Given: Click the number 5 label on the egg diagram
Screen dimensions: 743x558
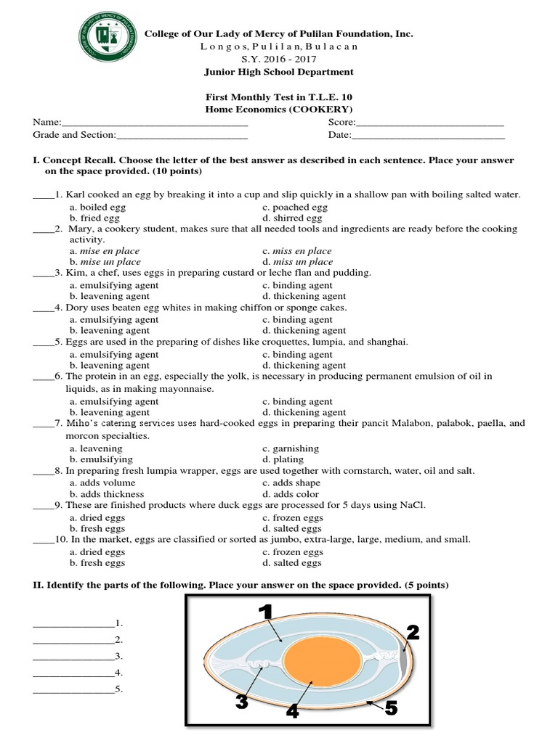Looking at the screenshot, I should click(391, 708).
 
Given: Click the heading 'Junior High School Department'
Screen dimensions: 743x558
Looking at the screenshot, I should click(280, 72).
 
